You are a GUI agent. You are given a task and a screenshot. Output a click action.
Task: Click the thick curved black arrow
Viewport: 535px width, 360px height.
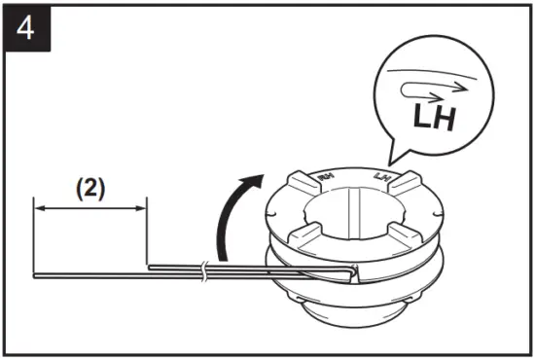(233, 214)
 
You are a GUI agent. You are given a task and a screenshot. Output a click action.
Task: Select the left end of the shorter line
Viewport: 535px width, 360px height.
(149, 265)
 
